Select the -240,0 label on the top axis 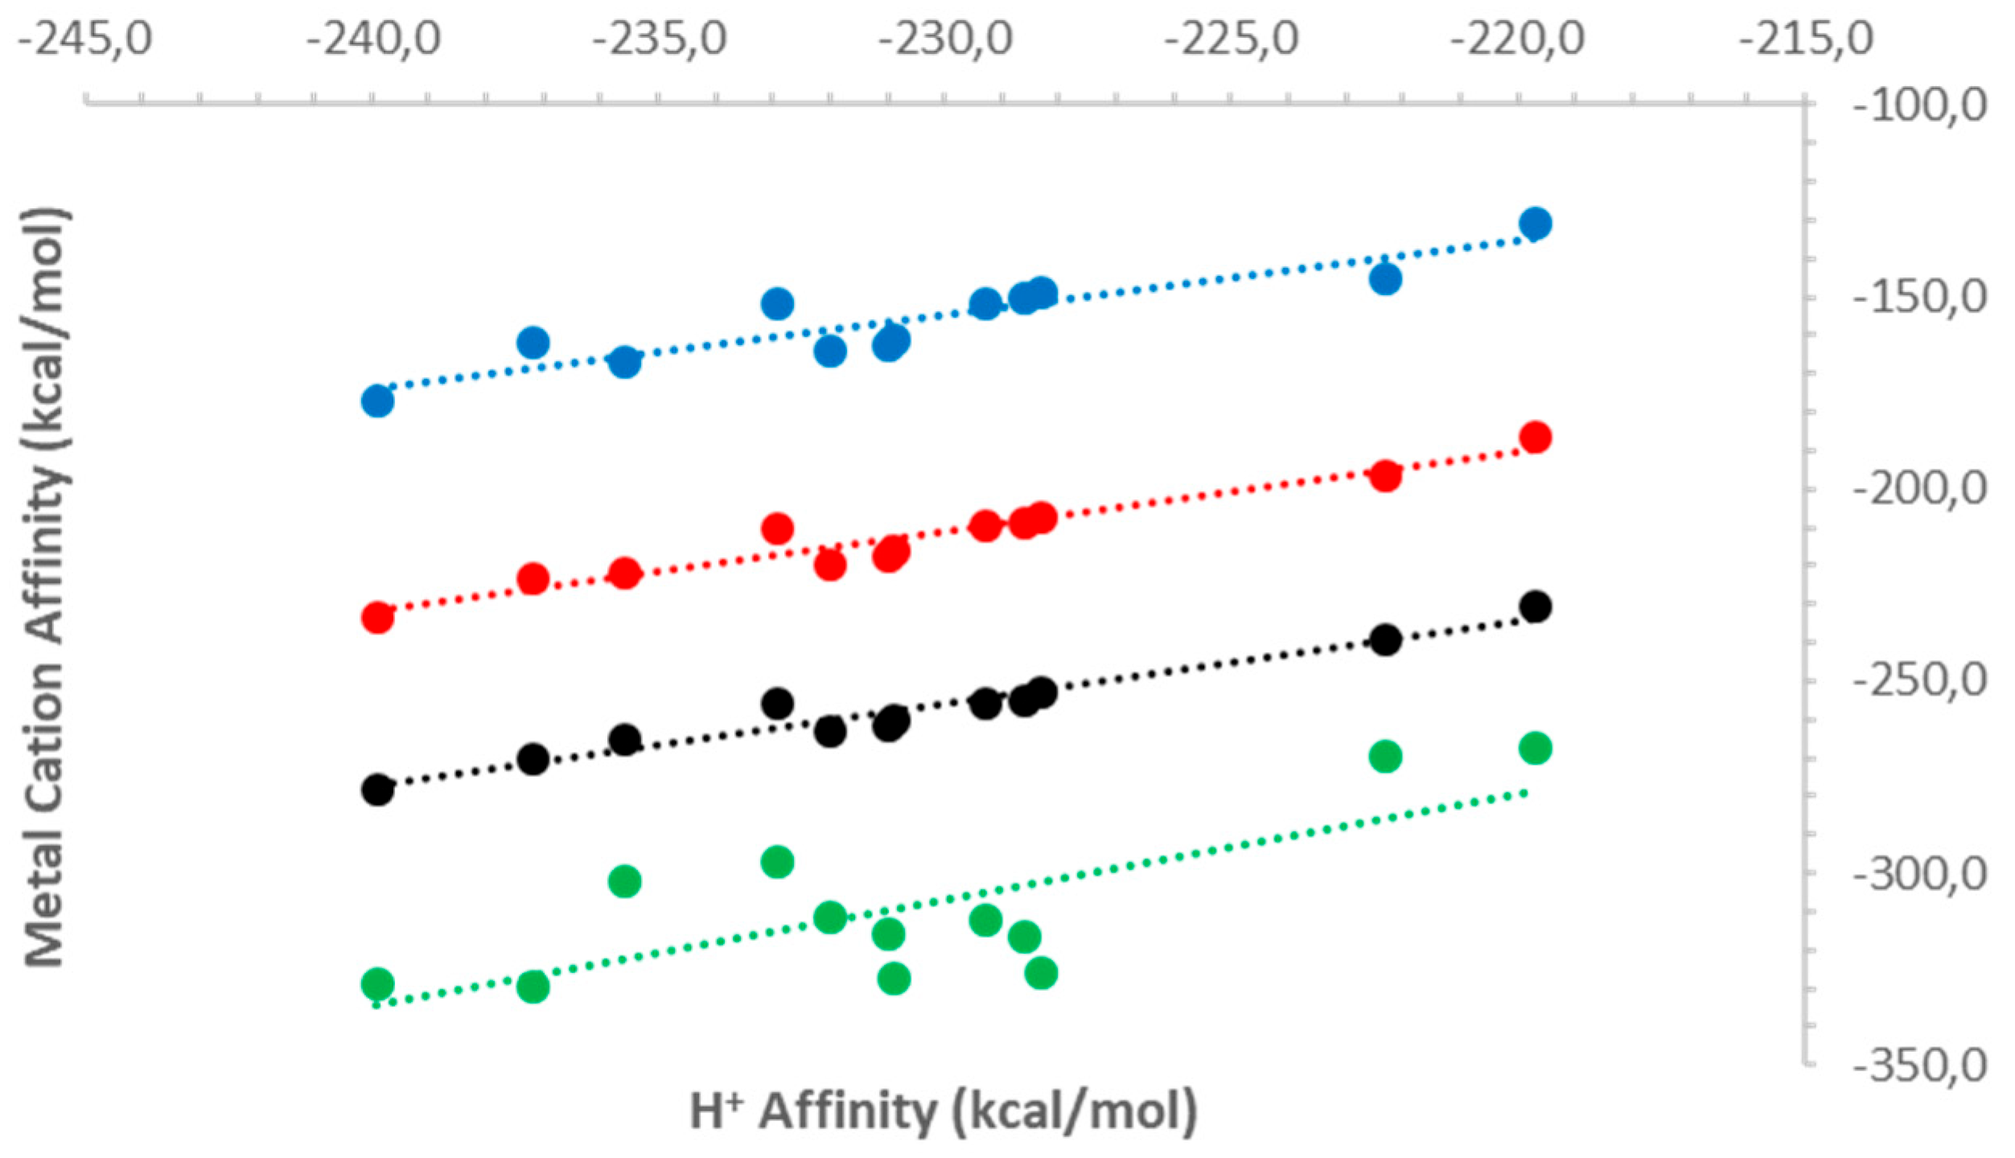pos(373,39)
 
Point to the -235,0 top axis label pos(660,39)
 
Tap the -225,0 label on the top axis pos(1232,39)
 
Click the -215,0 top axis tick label pos(1806,39)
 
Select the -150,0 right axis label pos(1919,298)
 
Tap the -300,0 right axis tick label pos(1919,873)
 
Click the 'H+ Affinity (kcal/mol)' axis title pos(943,1111)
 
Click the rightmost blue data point pos(1535,223)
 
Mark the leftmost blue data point pos(377,400)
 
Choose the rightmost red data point pos(1535,437)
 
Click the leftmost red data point pos(377,618)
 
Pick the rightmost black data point pos(1535,606)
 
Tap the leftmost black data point pos(377,790)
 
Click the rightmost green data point pos(1535,748)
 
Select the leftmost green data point pos(377,983)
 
